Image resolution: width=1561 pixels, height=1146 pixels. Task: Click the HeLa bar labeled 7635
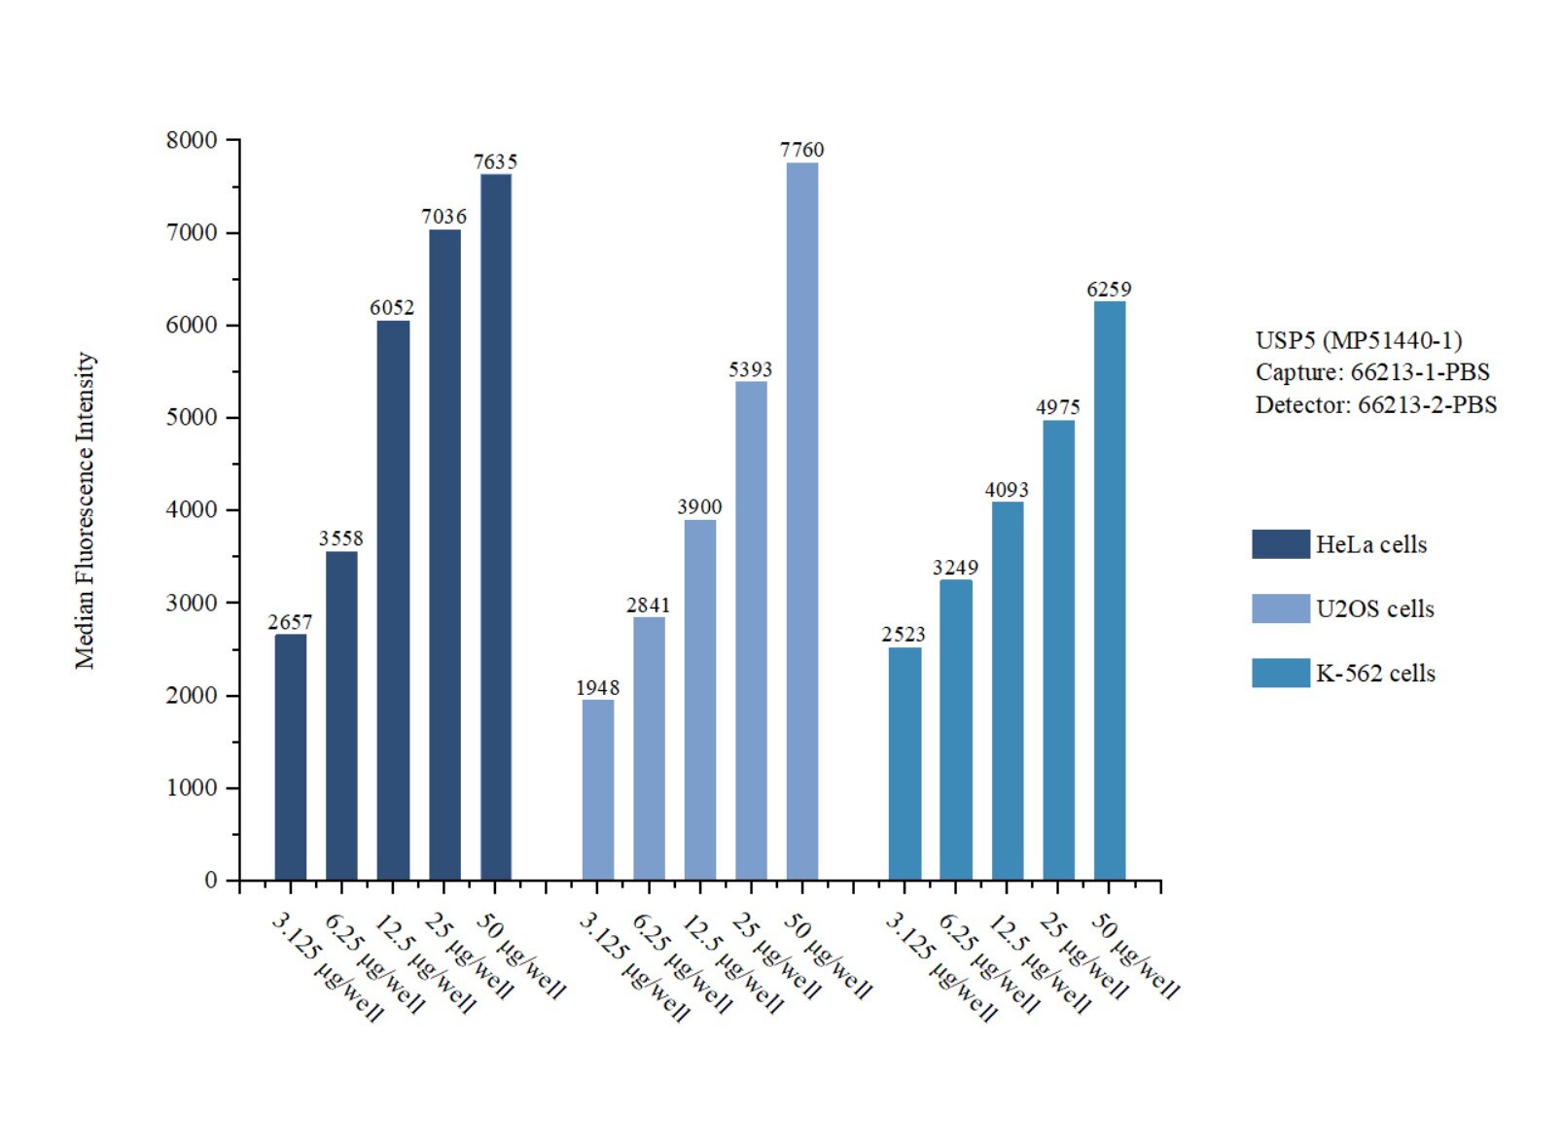496,527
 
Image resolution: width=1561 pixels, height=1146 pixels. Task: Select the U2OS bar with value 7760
802,521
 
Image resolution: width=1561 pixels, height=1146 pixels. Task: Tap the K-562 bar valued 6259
1110,590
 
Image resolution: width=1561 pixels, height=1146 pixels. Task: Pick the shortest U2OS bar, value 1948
598,789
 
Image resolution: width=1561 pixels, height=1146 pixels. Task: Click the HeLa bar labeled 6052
393,600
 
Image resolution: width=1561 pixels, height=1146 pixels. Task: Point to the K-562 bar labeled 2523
905,763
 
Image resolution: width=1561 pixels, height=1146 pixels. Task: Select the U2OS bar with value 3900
700,700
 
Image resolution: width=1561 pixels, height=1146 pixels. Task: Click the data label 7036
443,217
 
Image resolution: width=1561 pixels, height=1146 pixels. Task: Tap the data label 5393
750,369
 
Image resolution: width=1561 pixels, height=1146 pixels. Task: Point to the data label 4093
1007,490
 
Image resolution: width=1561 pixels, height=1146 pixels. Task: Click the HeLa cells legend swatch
1280,544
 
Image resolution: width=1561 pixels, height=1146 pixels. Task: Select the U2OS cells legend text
1374,609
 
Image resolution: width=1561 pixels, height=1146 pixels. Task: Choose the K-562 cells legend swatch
1280,674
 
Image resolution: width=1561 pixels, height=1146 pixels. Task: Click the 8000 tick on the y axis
192,140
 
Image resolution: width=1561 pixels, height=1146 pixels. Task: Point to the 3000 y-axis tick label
192,603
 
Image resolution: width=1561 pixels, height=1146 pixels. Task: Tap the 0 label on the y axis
211,881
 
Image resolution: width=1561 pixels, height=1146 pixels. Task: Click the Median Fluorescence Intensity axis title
86,510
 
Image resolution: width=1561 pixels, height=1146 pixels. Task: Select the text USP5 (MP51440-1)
1359,340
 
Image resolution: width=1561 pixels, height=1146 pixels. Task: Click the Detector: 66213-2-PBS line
1375,405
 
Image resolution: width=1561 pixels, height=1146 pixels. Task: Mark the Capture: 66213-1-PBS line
1371,372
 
